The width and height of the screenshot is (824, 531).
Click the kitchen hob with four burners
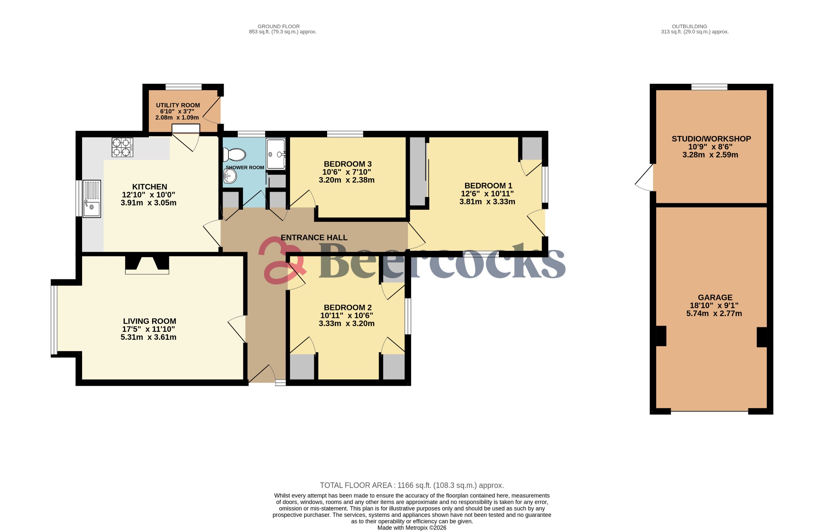122,147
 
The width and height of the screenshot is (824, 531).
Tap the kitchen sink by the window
92,199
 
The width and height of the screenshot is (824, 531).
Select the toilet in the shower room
235,154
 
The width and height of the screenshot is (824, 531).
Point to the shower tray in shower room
276,154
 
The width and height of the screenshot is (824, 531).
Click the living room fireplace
147,265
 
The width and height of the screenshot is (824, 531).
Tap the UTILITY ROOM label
178,105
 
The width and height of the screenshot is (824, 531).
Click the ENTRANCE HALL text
314,238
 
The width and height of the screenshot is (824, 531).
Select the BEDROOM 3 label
347,164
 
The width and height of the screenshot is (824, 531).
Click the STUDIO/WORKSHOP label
711,139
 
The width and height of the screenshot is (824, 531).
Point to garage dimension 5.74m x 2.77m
714,314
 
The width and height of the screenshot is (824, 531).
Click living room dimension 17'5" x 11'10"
148,329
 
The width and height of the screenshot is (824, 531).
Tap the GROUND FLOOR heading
278,27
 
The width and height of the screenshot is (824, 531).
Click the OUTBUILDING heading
694,27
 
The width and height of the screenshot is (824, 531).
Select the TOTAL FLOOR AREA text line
412,485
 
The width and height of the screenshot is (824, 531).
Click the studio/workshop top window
709,87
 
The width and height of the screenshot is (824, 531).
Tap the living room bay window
54,320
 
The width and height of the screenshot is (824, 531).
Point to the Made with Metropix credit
412,527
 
